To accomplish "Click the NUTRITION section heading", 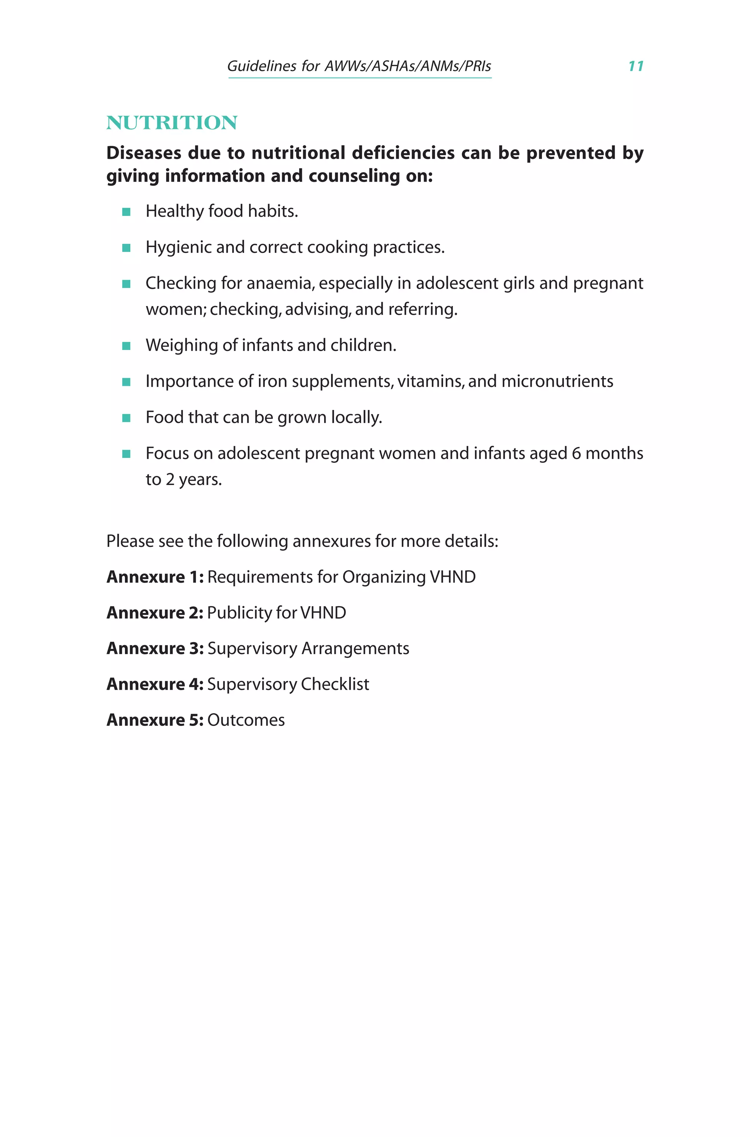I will coord(172,123).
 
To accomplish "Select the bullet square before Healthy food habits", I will coord(126,212).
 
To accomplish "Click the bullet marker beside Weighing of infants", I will coord(126,346).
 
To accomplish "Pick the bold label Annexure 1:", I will coord(155,577).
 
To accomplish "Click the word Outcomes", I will coord(246,720).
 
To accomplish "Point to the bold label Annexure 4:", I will coord(155,684).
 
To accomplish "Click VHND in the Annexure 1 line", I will coord(453,577).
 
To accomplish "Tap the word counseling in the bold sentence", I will coord(354,176).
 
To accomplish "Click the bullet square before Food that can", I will coord(126,418).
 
